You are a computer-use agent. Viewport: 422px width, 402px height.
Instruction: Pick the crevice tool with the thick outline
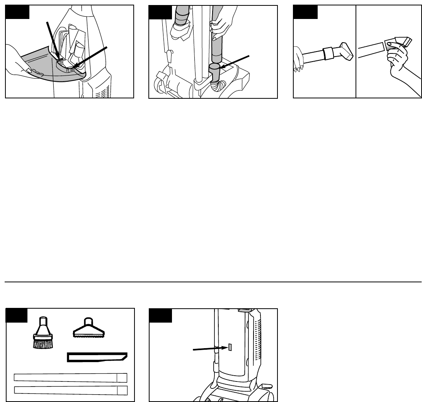97,357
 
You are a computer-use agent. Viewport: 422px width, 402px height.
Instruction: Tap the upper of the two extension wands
70,378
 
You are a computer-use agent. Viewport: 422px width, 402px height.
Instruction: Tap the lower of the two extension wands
70,390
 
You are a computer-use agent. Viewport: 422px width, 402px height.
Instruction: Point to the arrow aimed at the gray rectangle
209,349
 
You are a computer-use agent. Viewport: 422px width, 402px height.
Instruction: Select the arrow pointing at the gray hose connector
235,63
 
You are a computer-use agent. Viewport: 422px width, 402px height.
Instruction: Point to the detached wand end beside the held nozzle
371,51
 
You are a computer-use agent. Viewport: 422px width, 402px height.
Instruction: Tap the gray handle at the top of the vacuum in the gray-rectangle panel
246,310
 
